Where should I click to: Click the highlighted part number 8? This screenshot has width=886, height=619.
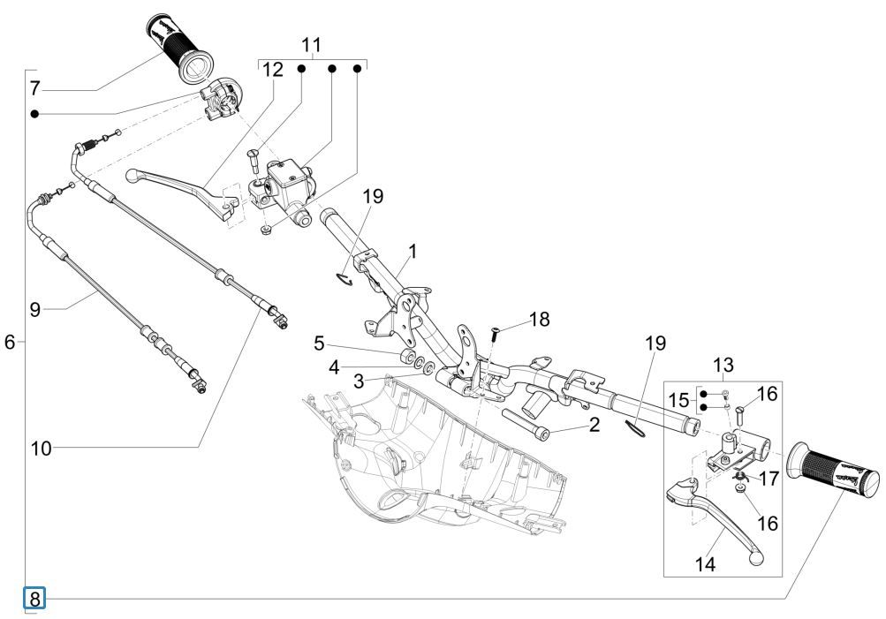click(34, 599)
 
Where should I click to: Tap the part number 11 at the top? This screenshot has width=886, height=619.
click(311, 44)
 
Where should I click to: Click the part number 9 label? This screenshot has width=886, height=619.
click(34, 309)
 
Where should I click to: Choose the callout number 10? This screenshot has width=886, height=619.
click(41, 448)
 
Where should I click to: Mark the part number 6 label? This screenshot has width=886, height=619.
click(10, 342)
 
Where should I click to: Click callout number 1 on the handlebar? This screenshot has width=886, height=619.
click(412, 251)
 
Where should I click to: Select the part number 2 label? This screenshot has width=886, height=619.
click(594, 425)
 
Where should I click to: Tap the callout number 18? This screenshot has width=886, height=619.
click(538, 318)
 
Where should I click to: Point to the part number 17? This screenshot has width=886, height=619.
click(768, 479)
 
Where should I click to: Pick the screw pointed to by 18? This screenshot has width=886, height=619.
click(494, 334)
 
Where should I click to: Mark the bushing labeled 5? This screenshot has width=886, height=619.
click(409, 358)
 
